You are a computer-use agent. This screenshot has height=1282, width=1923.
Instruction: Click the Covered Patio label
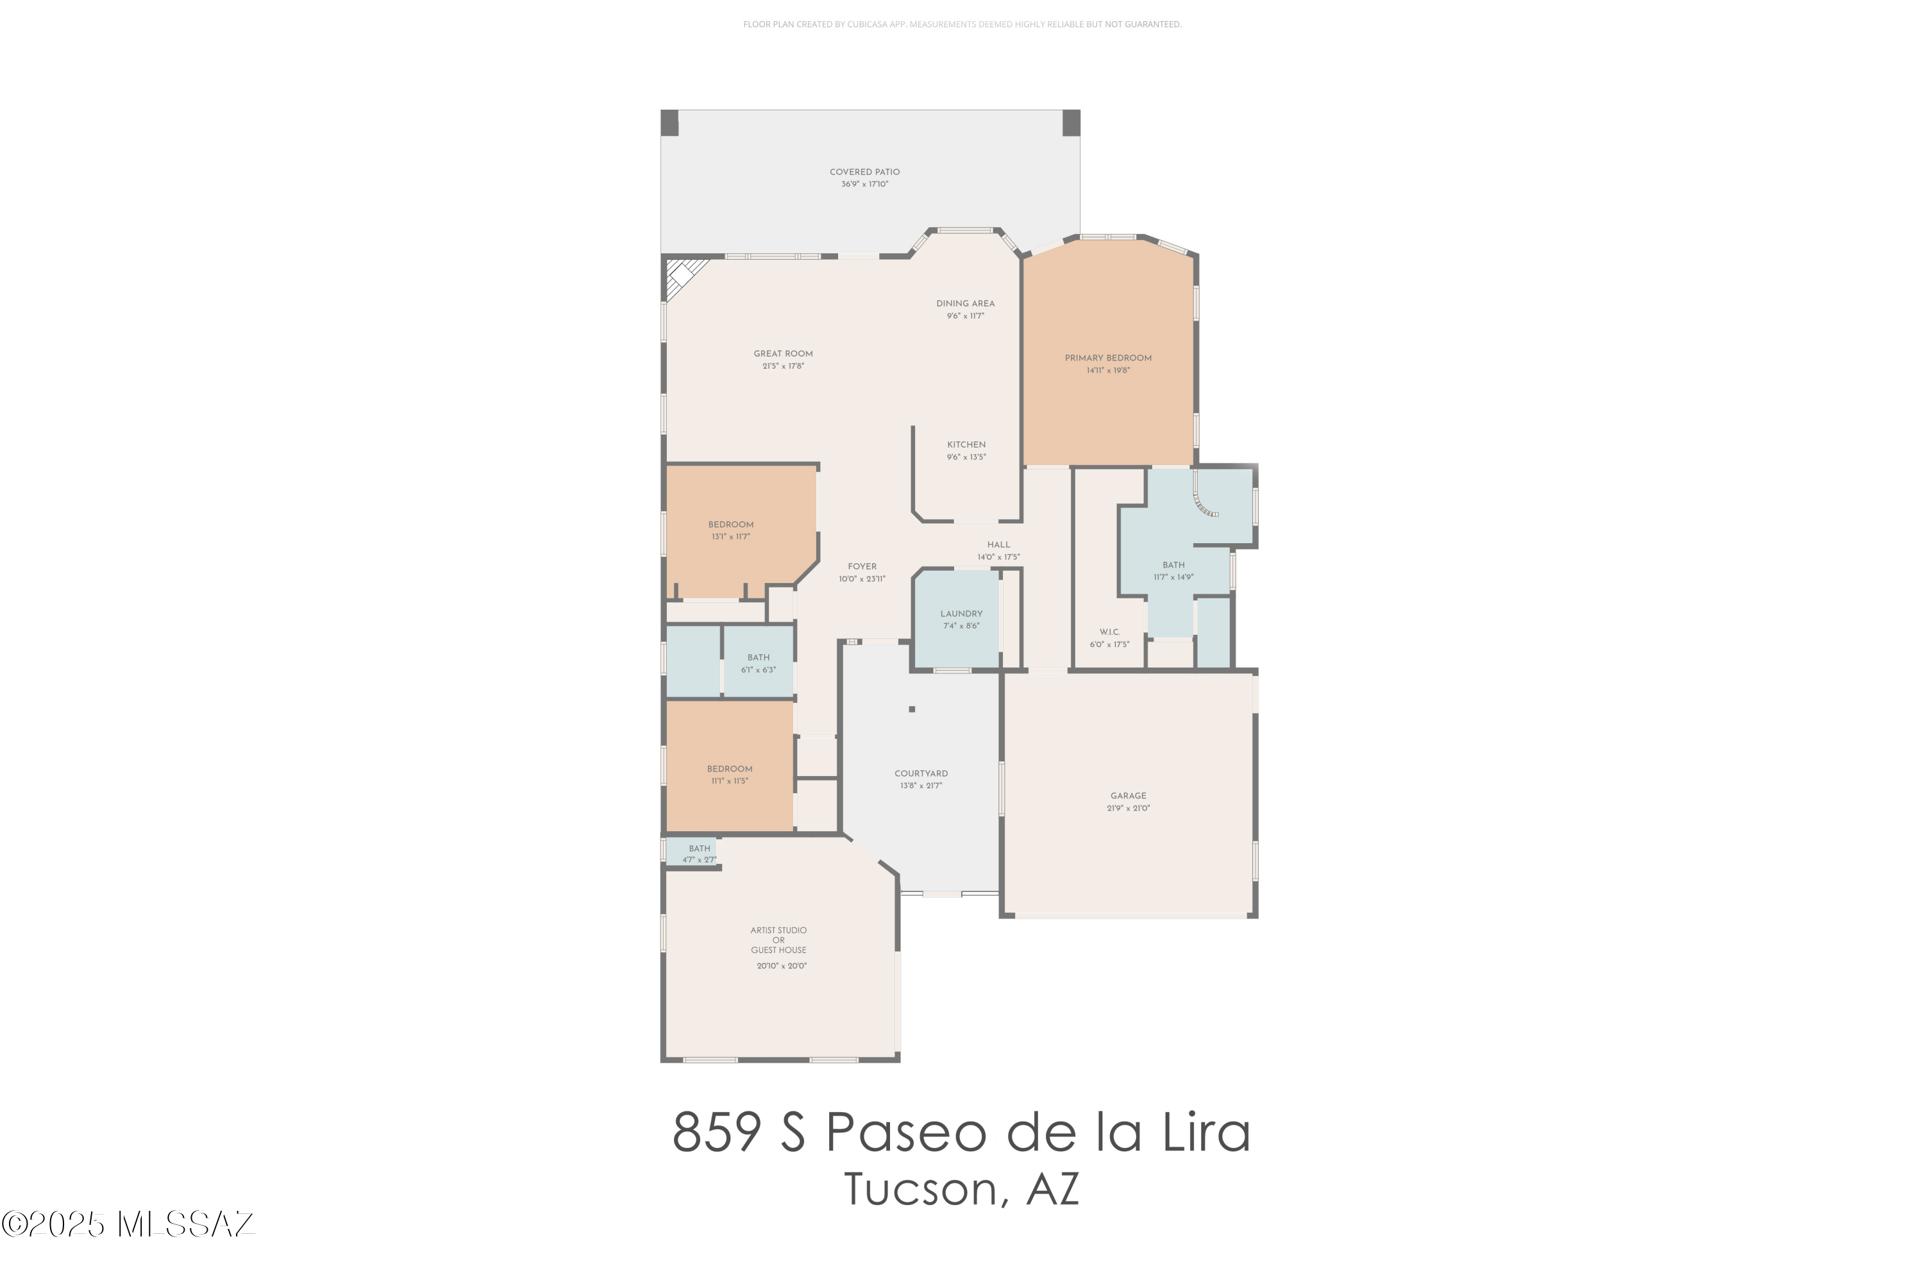pyautogui.click(x=864, y=172)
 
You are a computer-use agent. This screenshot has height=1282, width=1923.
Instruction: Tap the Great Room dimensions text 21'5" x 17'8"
pyautogui.click(x=782, y=366)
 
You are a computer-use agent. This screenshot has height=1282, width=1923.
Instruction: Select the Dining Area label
pyautogui.click(x=964, y=303)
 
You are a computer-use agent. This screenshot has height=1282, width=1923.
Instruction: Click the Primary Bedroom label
pyautogui.click(x=1107, y=358)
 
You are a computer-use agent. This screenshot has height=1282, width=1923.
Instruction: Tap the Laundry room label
pyautogui.click(x=961, y=614)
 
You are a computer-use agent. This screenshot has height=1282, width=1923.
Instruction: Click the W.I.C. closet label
pyautogui.click(x=1109, y=632)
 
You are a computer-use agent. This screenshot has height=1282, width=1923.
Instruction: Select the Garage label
pyautogui.click(x=1128, y=795)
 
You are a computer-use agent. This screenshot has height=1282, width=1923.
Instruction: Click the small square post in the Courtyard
pyautogui.click(x=911, y=709)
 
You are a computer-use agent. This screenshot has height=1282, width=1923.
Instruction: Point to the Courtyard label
pyautogui.click(x=920, y=773)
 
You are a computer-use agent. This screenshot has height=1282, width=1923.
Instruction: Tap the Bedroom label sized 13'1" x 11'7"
pyautogui.click(x=730, y=525)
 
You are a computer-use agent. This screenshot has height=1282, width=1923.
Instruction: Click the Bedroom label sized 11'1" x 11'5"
pyautogui.click(x=729, y=768)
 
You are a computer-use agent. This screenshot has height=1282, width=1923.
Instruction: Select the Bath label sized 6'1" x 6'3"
pyautogui.click(x=758, y=657)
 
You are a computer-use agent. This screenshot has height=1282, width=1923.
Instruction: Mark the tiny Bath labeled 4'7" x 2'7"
pyautogui.click(x=699, y=848)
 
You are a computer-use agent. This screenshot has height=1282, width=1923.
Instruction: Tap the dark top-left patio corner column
pyautogui.click(x=669, y=122)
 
